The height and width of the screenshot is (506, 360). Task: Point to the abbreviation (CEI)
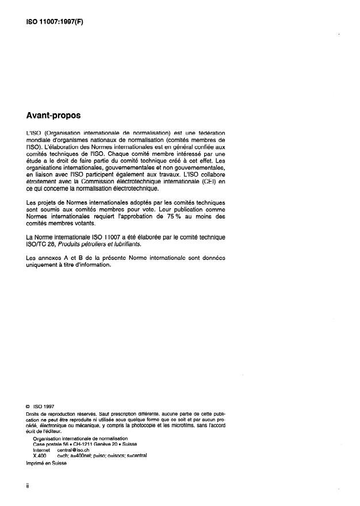point(206,182)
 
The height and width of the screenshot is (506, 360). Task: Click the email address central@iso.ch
point(74,450)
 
